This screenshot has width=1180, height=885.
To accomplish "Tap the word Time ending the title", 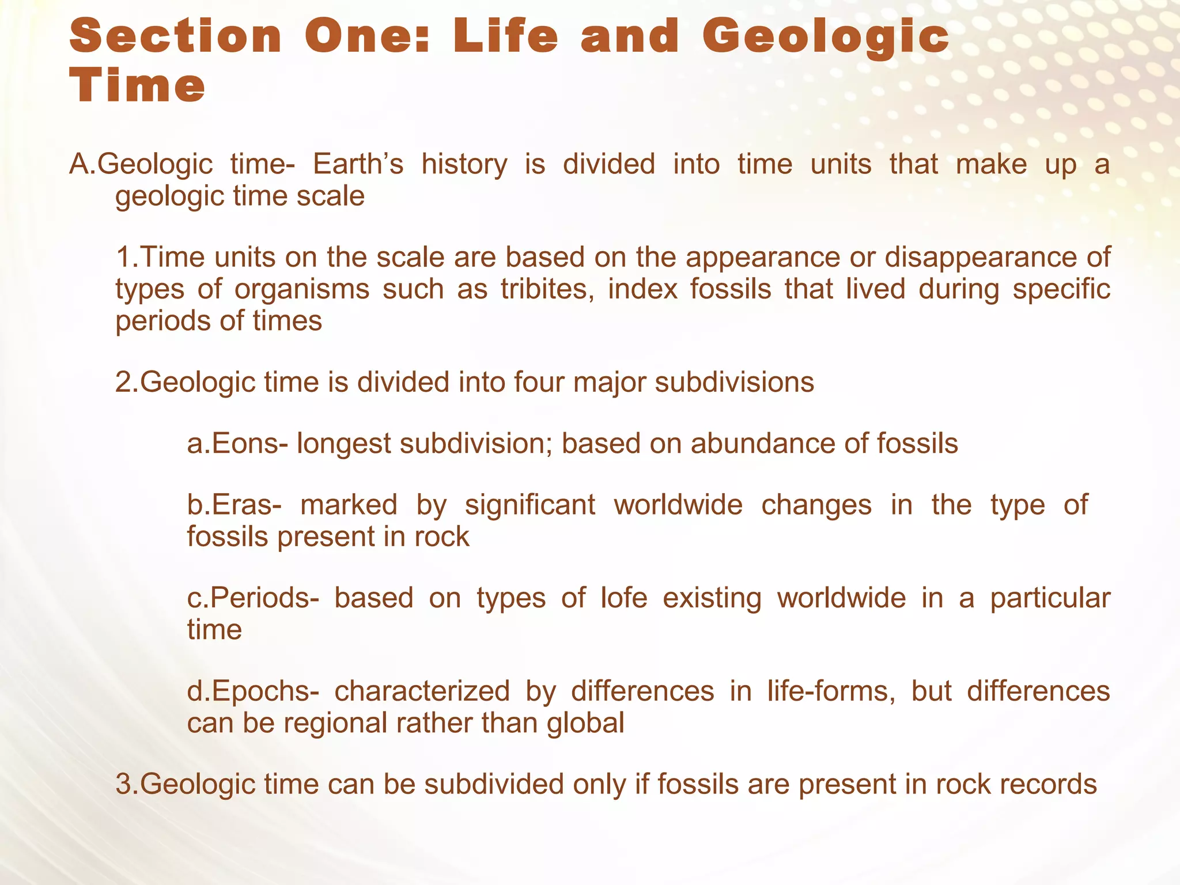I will click(x=137, y=86).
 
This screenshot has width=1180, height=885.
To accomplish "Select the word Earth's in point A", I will click(x=358, y=164).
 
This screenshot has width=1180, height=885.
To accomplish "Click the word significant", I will click(x=530, y=505).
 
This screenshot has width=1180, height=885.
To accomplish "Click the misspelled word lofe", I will click(x=624, y=597).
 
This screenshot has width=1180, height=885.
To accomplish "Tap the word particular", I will click(x=1050, y=597).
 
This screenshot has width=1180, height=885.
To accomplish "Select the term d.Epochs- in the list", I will click(x=252, y=691).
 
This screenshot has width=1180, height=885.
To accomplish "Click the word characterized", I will click(x=422, y=691).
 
